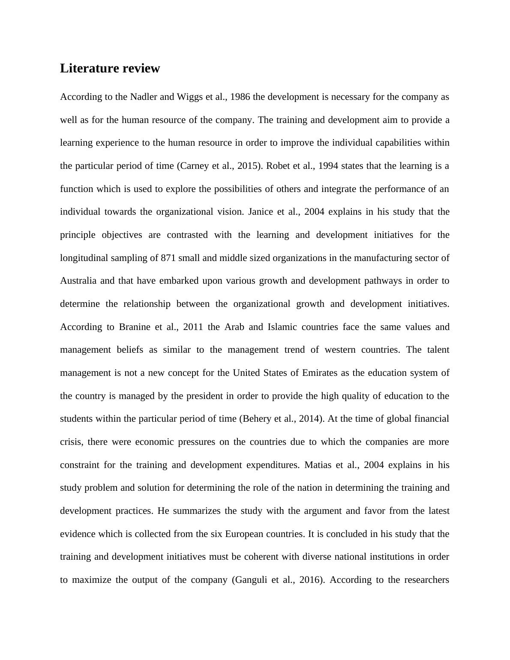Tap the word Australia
tap(78, 281)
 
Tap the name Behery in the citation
tap(257, 419)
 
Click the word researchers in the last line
tap(426, 580)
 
